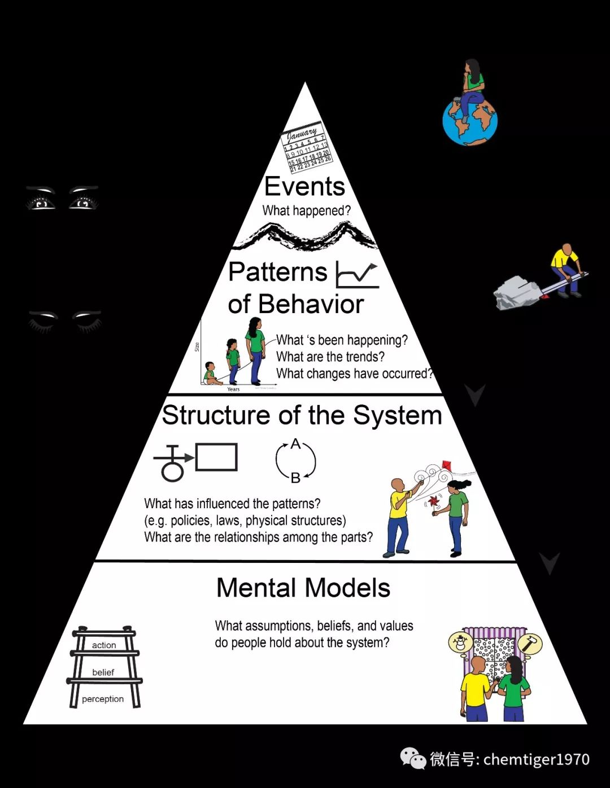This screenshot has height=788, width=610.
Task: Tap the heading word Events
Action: click(304, 187)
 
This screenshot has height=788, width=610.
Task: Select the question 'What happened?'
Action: click(306, 211)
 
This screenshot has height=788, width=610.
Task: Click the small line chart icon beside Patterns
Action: click(356, 275)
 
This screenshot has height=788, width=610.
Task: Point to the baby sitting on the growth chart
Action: click(211, 374)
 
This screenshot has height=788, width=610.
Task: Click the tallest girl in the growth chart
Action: click(255, 350)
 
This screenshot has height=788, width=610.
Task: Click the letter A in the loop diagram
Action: click(295, 444)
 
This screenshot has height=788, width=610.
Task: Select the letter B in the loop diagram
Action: click(295, 478)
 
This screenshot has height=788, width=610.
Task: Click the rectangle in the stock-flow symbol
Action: click(216, 457)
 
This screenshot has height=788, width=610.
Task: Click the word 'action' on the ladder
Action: click(104, 645)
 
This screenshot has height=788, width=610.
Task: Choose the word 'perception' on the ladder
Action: click(103, 699)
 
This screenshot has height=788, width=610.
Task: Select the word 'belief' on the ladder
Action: click(103, 672)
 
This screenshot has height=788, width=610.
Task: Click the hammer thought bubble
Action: click(530, 644)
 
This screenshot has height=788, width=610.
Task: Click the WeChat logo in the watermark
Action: click(413, 759)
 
